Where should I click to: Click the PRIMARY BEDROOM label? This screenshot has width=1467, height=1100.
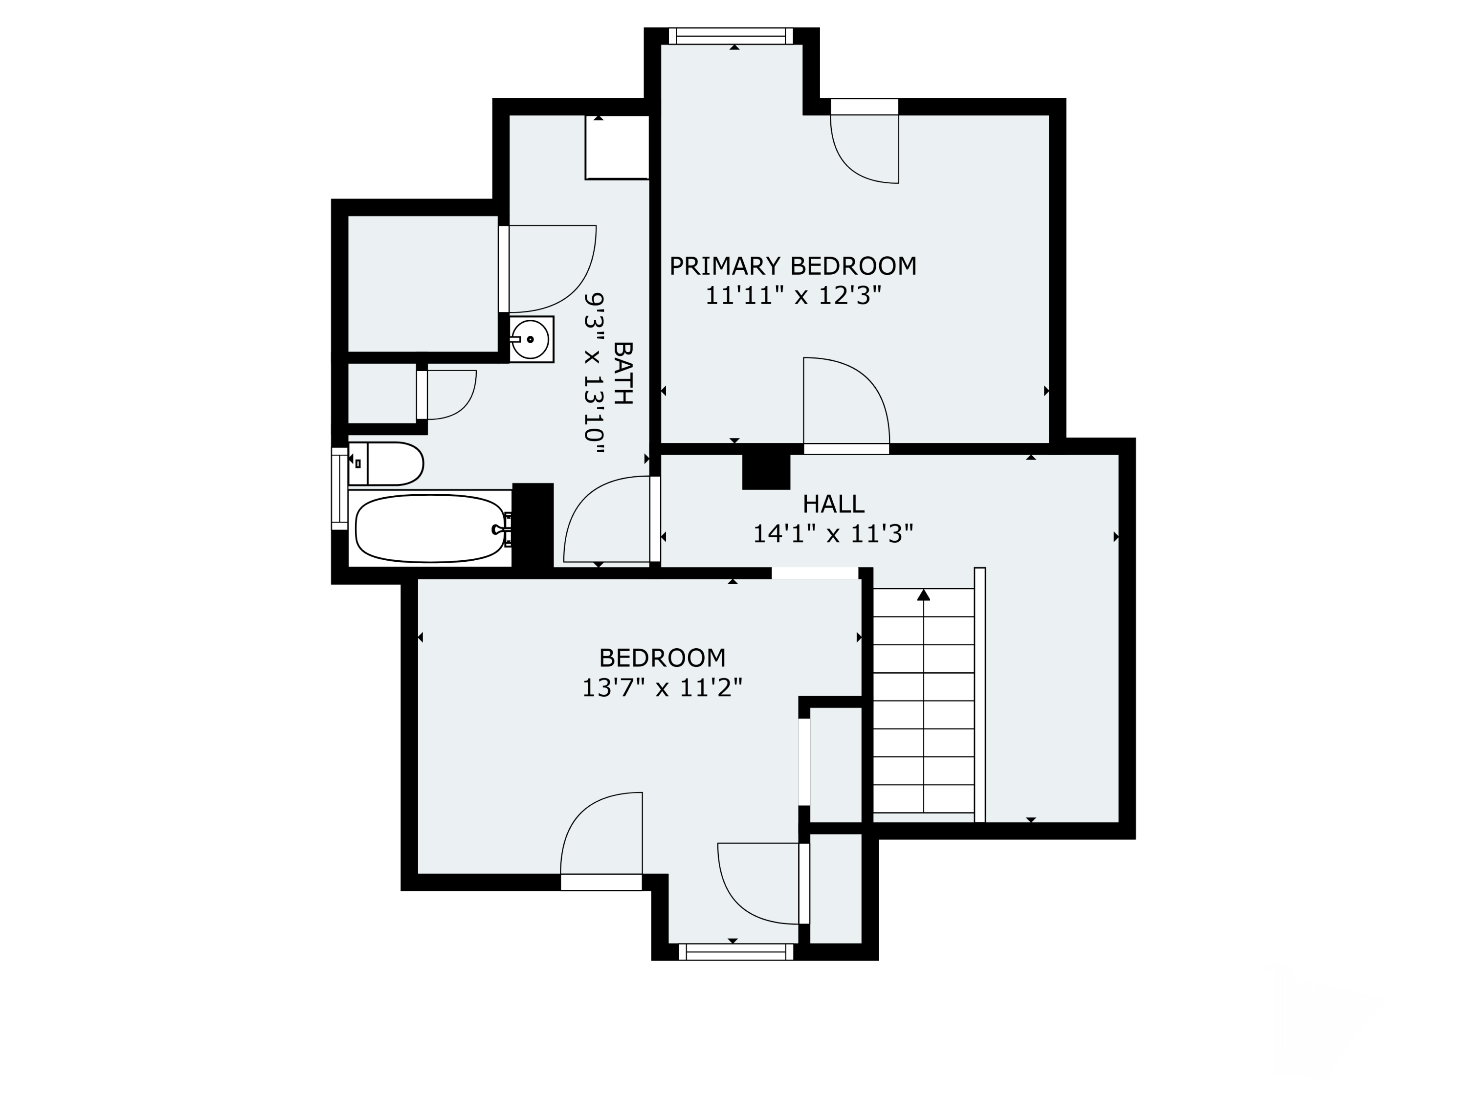point(793,266)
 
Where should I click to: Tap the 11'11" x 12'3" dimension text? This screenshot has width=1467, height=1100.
point(793,296)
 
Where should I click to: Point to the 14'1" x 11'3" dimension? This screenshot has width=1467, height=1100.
point(833,534)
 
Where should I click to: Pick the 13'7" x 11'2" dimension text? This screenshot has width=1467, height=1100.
point(662,687)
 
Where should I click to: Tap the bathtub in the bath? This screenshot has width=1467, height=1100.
point(431,528)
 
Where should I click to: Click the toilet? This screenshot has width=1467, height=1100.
point(386,463)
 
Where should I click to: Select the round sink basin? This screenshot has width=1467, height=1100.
point(530,339)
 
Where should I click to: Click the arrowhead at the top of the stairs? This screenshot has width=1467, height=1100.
point(923,595)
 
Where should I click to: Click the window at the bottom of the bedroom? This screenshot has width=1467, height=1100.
point(736,952)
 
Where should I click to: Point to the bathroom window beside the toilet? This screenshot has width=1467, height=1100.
point(339,489)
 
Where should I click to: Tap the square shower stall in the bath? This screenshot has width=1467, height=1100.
point(617,147)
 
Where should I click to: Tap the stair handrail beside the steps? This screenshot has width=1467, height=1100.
point(979,695)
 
